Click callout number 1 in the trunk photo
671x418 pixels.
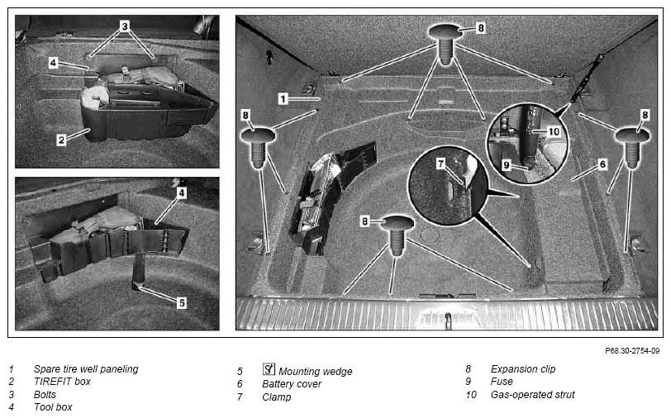point(283,99)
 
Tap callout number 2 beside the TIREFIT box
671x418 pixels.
point(62,140)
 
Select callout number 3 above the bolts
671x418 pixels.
point(125,26)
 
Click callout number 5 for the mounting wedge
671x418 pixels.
point(182,303)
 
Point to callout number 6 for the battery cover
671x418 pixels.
point(602,164)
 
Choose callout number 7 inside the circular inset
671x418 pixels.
point(440,163)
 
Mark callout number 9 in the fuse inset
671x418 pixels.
point(507,165)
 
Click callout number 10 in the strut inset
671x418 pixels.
point(554,131)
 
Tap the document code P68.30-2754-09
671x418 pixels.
point(632,351)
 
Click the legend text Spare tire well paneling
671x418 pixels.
point(86,368)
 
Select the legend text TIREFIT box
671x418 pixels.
point(62,381)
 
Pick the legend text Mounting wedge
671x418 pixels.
point(316,372)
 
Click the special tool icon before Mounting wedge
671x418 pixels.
point(269,368)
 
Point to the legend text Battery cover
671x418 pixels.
point(292,384)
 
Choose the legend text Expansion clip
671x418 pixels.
point(523,368)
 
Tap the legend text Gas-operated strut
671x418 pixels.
point(533,395)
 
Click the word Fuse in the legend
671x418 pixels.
point(502,381)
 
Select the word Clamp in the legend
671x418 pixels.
point(277,397)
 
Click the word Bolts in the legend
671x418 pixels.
point(45,395)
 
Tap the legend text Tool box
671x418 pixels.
point(53,407)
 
